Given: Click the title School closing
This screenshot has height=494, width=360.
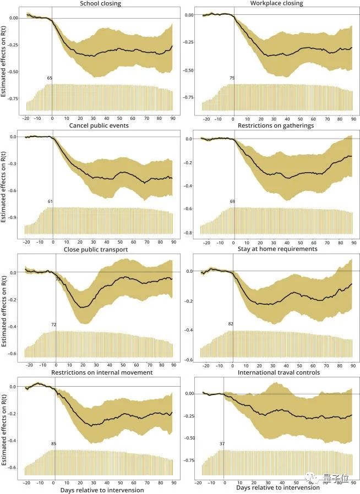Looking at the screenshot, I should [x=100, y=4].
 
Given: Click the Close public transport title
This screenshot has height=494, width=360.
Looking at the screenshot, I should [x=100, y=249].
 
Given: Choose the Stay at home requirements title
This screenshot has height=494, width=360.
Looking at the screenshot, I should [x=277, y=249].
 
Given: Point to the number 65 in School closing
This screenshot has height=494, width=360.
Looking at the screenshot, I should [x=50, y=79].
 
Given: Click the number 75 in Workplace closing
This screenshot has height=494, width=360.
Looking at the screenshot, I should [x=232, y=79].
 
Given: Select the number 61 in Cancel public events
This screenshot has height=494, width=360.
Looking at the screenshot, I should [x=50, y=202].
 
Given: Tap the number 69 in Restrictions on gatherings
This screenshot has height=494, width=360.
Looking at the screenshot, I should [x=232, y=202].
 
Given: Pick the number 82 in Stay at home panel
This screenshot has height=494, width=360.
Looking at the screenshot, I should [x=231, y=324].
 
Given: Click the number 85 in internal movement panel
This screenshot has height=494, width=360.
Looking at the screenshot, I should [x=53, y=443].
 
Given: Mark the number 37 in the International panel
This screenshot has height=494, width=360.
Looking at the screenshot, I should [x=222, y=443].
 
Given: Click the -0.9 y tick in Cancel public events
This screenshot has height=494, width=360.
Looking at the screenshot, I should [x=13, y=217].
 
